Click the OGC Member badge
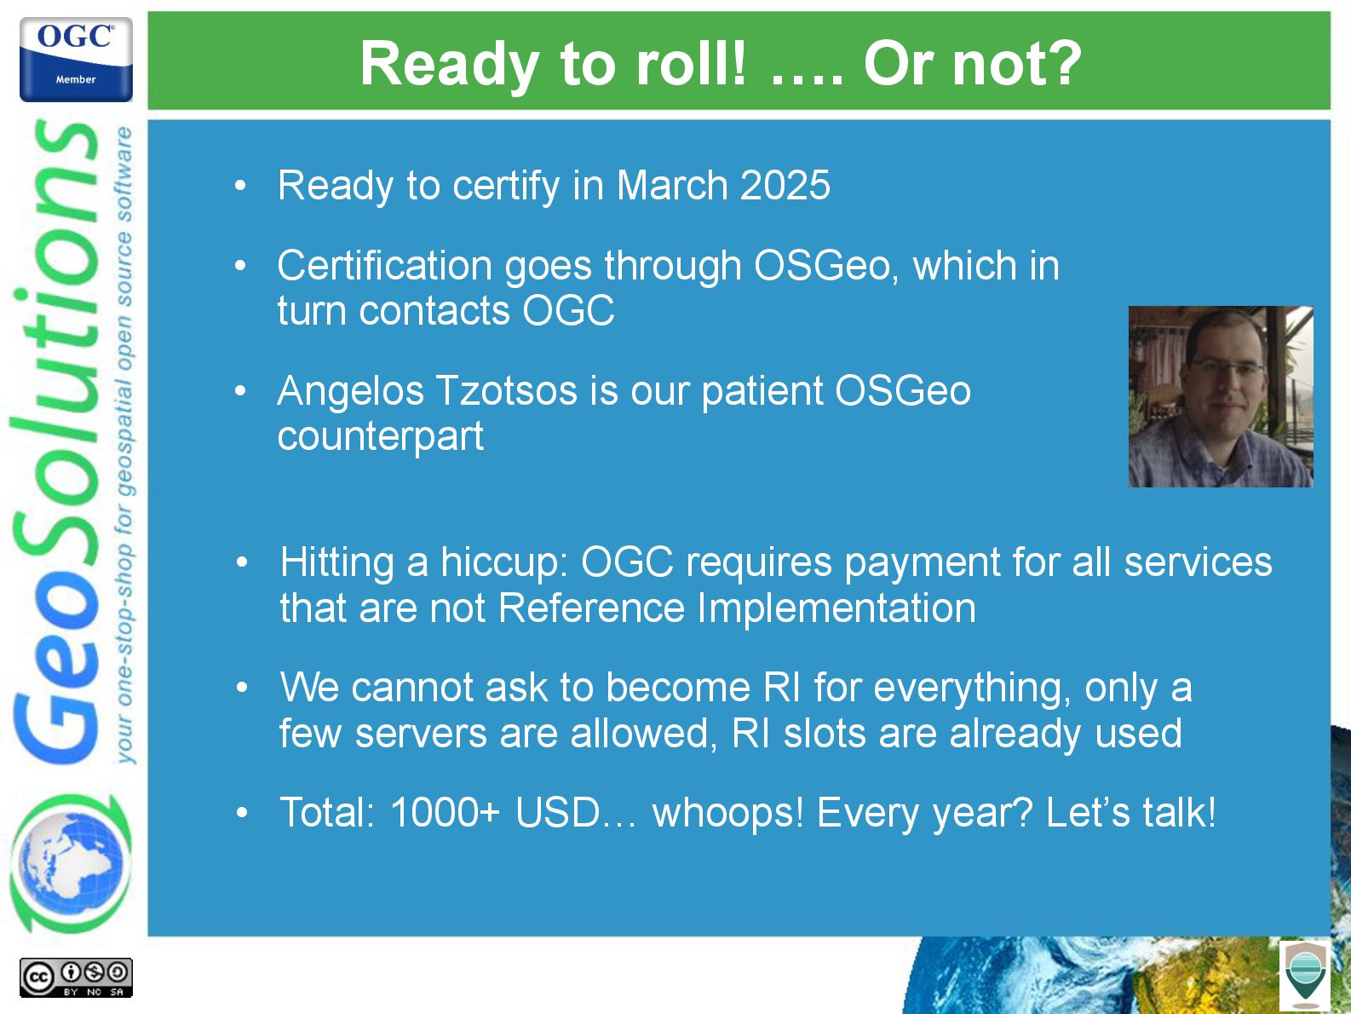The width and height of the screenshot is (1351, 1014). click(x=76, y=59)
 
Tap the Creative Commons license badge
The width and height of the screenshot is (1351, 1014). click(x=76, y=977)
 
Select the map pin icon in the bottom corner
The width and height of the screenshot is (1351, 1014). click(x=1305, y=976)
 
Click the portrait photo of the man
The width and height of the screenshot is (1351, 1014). click(x=1221, y=396)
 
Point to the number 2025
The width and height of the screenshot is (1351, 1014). click(x=785, y=185)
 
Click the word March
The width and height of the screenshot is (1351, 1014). click(x=672, y=185)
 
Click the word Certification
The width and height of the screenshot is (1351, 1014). click(x=385, y=265)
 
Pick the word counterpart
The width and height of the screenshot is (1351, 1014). click(x=381, y=437)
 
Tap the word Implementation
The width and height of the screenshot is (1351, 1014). click(x=836, y=608)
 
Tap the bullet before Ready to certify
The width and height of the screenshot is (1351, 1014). click(x=241, y=185)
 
